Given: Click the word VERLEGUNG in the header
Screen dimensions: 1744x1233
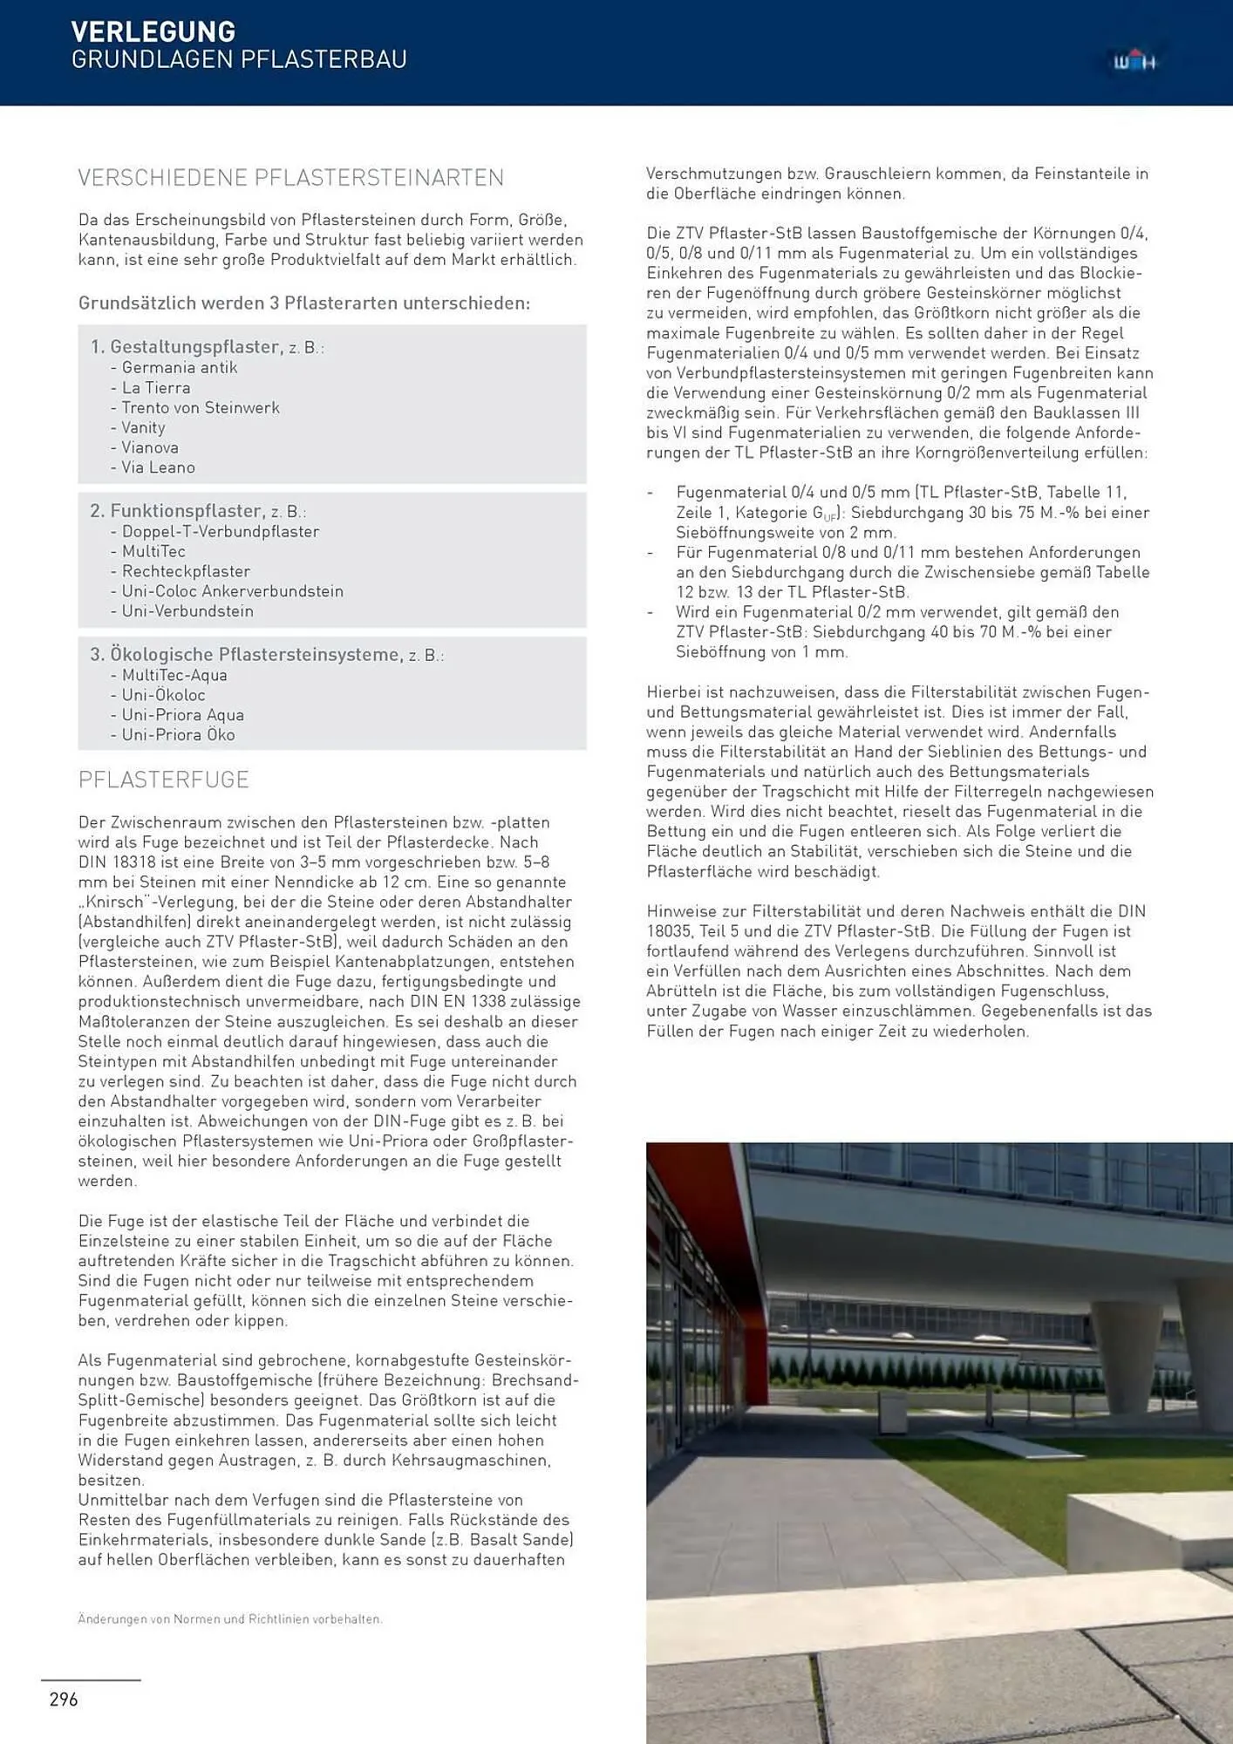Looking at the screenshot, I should coord(153,31).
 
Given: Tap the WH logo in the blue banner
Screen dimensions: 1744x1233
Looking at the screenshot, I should coord(1134,62).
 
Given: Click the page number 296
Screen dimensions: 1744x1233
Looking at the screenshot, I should coord(64,1699).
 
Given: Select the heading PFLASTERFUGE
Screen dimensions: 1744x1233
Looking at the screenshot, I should coord(164,780).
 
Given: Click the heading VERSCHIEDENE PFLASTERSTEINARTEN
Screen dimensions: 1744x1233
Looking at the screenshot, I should coord(290,178).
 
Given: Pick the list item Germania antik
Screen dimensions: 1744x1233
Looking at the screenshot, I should coord(179,368).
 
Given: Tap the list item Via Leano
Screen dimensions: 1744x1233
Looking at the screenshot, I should coord(158,467).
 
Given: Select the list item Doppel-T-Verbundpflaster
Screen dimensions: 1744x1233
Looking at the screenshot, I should coord(220,532).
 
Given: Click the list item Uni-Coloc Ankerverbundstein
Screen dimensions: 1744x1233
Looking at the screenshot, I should coord(232,591).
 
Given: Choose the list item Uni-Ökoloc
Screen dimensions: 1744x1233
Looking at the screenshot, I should coord(163,695).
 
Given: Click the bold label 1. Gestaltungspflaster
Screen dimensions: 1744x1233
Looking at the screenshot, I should coord(185,347).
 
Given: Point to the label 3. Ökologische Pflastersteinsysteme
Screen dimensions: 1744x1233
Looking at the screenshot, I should coord(246,655).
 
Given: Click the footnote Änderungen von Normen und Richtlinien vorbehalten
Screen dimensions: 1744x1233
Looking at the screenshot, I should coord(229,1619).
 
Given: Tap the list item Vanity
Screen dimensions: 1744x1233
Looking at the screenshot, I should coord(143,427).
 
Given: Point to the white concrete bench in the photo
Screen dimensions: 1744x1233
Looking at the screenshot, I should coord(1151,1535).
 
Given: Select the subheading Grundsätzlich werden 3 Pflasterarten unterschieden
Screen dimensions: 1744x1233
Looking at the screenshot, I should coord(303,303).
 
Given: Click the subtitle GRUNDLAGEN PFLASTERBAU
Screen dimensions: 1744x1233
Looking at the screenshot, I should coord(239,60).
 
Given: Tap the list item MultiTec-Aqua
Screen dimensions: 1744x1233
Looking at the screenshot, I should coord(174,675).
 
